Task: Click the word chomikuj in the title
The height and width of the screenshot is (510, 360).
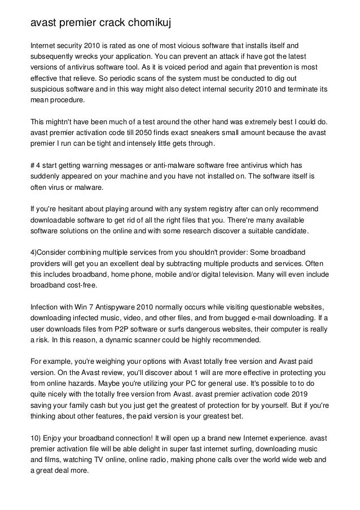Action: (143, 23)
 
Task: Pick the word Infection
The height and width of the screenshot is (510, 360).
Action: (46, 306)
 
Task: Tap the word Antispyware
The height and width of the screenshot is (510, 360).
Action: (108, 306)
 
